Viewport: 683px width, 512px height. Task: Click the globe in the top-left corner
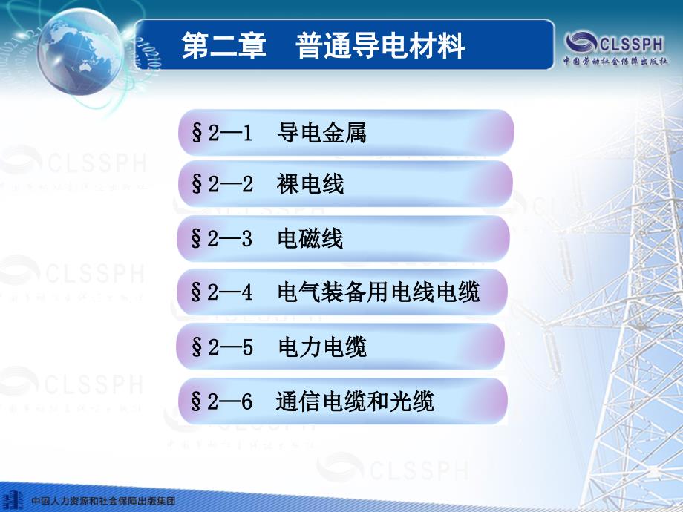pyautogui.click(x=81, y=51)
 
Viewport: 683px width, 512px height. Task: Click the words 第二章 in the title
pyautogui.click(x=223, y=45)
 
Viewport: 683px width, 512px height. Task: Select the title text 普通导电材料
pyautogui.click(x=380, y=45)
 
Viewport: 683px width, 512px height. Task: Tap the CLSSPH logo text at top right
pyautogui.click(x=632, y=44)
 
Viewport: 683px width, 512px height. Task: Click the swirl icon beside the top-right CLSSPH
pyautogui.click(x=581, y=43)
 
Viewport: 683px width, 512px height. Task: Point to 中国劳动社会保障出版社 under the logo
pyautogui.click(x=615, y=61)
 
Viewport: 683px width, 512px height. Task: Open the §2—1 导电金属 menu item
pyautogui.click(x=346, y=132)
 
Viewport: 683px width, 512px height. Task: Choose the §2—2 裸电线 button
pyautogui.click(x=345, y=184)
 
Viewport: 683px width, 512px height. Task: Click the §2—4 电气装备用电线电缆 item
pyautogui.click(x=342, y=292)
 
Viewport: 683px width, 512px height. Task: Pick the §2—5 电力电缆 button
pyautogui.click(x=341, y=347)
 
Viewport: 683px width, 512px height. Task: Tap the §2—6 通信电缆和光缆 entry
pyautogui.click(x=343, y=401)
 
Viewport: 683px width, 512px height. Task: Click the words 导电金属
pyautogui.click(x=322, y=132)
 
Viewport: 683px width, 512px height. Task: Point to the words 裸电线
pyautogui.click(x=310, y=184)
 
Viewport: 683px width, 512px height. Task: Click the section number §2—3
pyautogui.click(x=222, y=239)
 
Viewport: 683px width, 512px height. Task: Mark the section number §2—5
pyautogui.click(x=222, y=347)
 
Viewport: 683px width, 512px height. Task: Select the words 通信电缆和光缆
pyautogui.click(x=355, y=401)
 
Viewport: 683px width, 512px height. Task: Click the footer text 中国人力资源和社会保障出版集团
pyautogui.click(x=103, y=501)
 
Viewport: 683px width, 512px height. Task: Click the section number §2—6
pyautogui.click(x=222, y=401)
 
